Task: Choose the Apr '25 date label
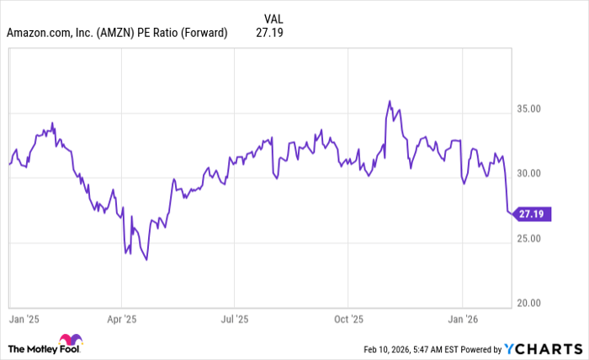point(123,320)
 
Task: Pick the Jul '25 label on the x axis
point(234,320)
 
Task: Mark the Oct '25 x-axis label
point(347,320)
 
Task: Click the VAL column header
point(273,18)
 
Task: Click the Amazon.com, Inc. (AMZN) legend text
point(117,33)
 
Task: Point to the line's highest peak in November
point(390,101)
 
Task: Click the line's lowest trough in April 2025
point(146,260)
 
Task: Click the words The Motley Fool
point(36,347)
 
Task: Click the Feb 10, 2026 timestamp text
point(396,348)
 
